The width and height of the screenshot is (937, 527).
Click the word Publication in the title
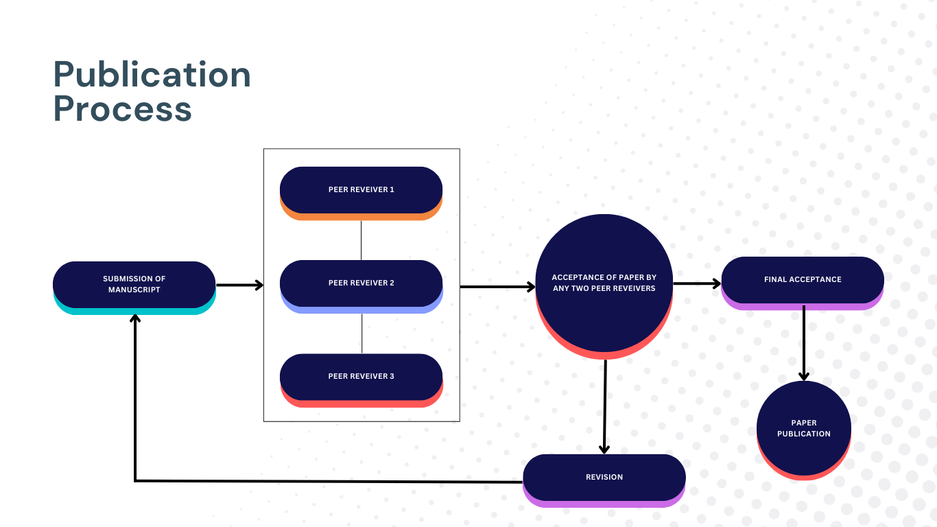click(x=152, y=75)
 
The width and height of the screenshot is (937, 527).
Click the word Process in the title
click(x=122, y=109)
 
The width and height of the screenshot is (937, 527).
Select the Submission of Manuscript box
click(x=134, y=288)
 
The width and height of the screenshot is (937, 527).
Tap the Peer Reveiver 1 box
click(x=361, y=193)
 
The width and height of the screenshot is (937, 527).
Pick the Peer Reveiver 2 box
click(x=361, y=286)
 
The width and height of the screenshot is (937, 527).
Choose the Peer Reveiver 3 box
click(x=361, y=380)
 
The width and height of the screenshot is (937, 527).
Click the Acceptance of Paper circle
click(x=604, y=287)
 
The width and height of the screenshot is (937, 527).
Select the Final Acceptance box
click(x=803, y=283)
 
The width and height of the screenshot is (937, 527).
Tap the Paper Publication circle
click(x=803, y=430)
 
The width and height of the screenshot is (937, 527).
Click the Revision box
click(x=604, y=480)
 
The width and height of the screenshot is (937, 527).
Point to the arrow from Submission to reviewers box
click(x=239, y=285)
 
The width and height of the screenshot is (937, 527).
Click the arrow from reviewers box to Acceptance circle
click(x=497, y=287)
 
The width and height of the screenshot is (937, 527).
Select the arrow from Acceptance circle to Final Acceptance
click(x=697, y=283)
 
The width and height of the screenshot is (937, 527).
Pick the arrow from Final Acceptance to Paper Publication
click(x=803, y=343)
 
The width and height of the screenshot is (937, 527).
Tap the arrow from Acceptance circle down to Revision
click(x=605, y=407)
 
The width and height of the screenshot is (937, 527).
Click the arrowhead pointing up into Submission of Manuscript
click(x=134, y=318)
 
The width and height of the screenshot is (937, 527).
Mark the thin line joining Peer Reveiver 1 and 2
click(x=361, y=240)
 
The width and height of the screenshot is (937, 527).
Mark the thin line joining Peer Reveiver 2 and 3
click(x=361, y=333)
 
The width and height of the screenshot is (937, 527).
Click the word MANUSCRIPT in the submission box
click(x=134, y=290)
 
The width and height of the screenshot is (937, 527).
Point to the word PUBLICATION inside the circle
click(x=803, y=434)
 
